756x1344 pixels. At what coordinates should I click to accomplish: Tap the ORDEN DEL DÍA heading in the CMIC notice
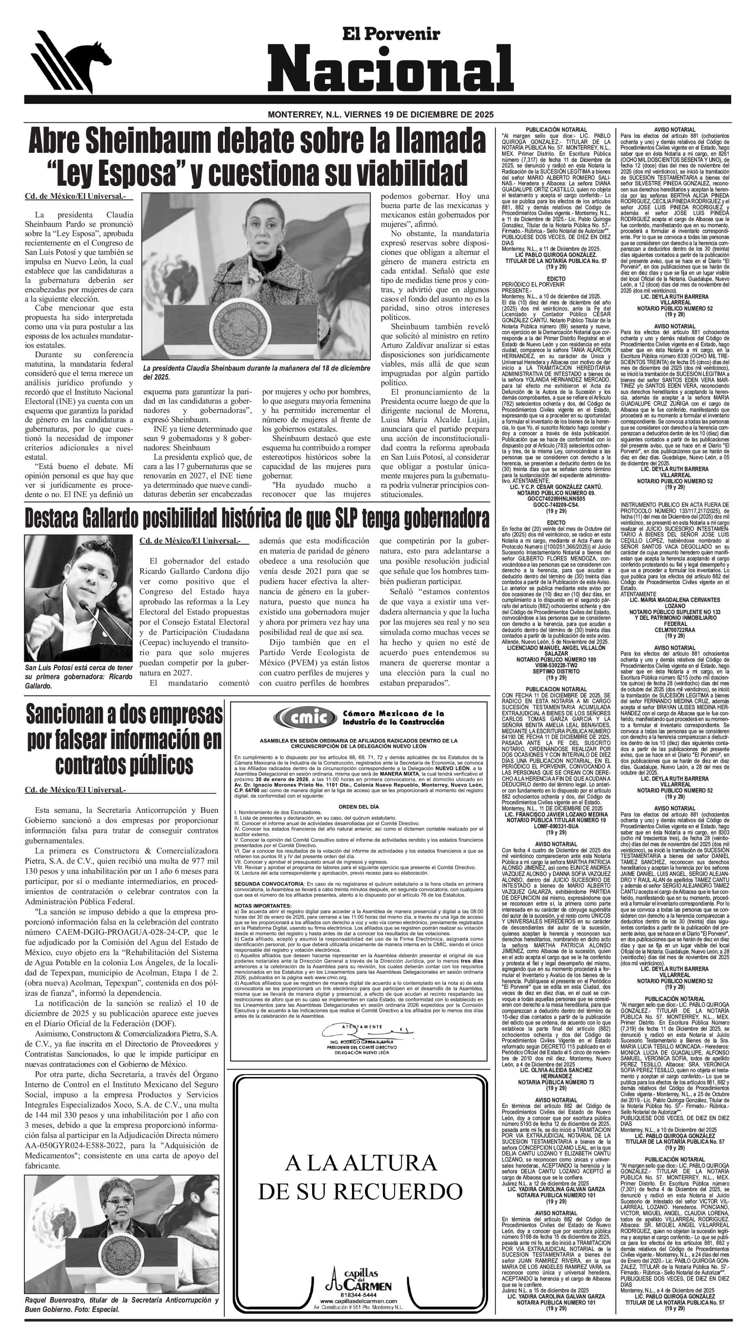click(x=359, y=806)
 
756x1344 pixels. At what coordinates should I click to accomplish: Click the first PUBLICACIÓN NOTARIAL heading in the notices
click(x=556, y=129)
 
